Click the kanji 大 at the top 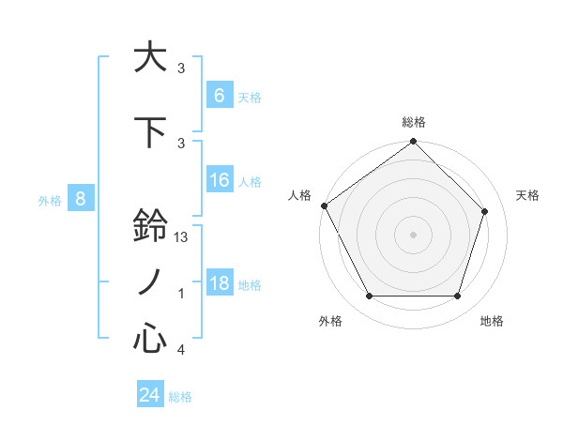(x=150, y=57)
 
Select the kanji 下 (x=150, y=131)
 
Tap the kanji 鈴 (x=150, y=226)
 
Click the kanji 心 (x=150, y=338)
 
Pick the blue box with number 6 (x=219, y=96)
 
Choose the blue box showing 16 (x=219, y=180)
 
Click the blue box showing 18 (x=219, y=283)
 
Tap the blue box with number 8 (x=81, y=199)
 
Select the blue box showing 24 (x=150, y=395)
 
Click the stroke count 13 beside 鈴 (x=182, y=238)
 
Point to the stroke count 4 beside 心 (x=181, y=350)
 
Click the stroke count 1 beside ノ (x=181, y=294)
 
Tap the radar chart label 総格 (x=413, y=122)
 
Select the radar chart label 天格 (x=527, y=195)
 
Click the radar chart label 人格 (x=299, y=195)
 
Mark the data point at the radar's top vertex (x=413, y=142)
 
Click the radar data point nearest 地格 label (x=457, y=297)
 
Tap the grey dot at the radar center (x=413, y=234)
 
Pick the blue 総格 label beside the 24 (x=180, y=397)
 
